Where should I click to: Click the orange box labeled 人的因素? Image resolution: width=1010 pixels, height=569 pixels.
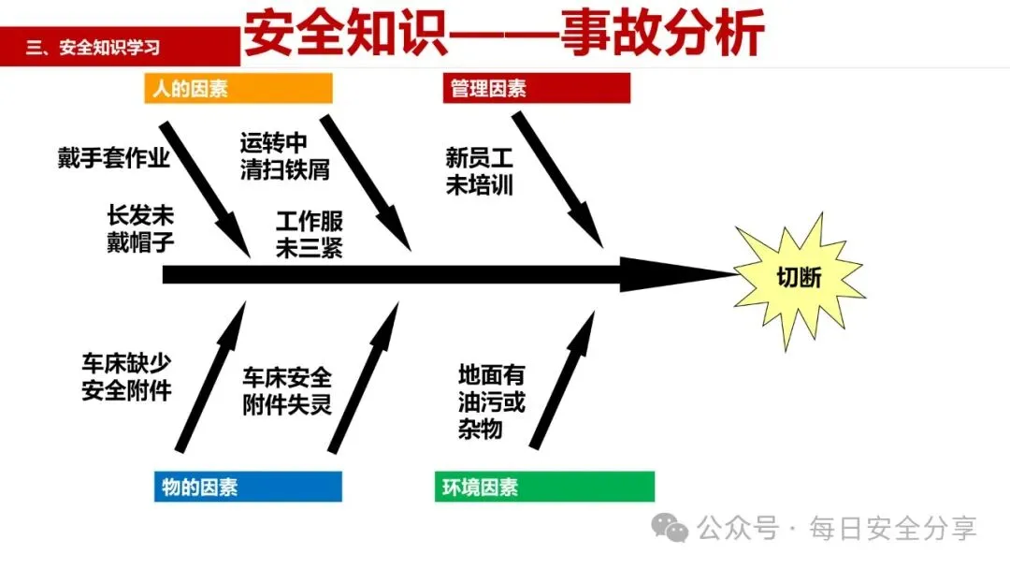tap(238, 89)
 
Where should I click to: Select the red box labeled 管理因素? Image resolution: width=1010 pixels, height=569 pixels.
tap(536, 89)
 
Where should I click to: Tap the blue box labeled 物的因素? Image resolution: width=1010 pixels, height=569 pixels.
tap(248, 487)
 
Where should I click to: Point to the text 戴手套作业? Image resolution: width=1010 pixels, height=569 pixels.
tap(113, 158)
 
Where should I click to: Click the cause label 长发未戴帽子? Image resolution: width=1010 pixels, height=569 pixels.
tap(140, 228)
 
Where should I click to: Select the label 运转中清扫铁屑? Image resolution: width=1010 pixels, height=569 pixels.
tap(272, 156)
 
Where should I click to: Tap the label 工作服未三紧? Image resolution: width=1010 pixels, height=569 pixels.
tap(309, 235)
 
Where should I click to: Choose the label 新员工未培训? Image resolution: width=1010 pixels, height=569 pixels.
tap(480, 171)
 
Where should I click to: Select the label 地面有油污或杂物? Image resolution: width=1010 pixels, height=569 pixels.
tap(491, 401)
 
